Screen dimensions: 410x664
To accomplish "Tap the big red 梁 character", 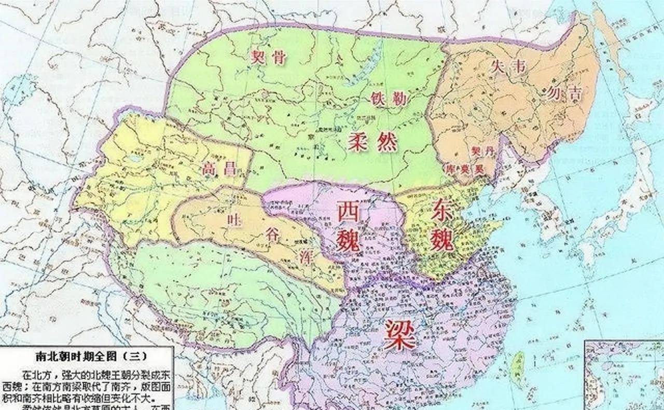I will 399,334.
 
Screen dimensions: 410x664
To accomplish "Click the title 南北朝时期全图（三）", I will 85,357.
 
